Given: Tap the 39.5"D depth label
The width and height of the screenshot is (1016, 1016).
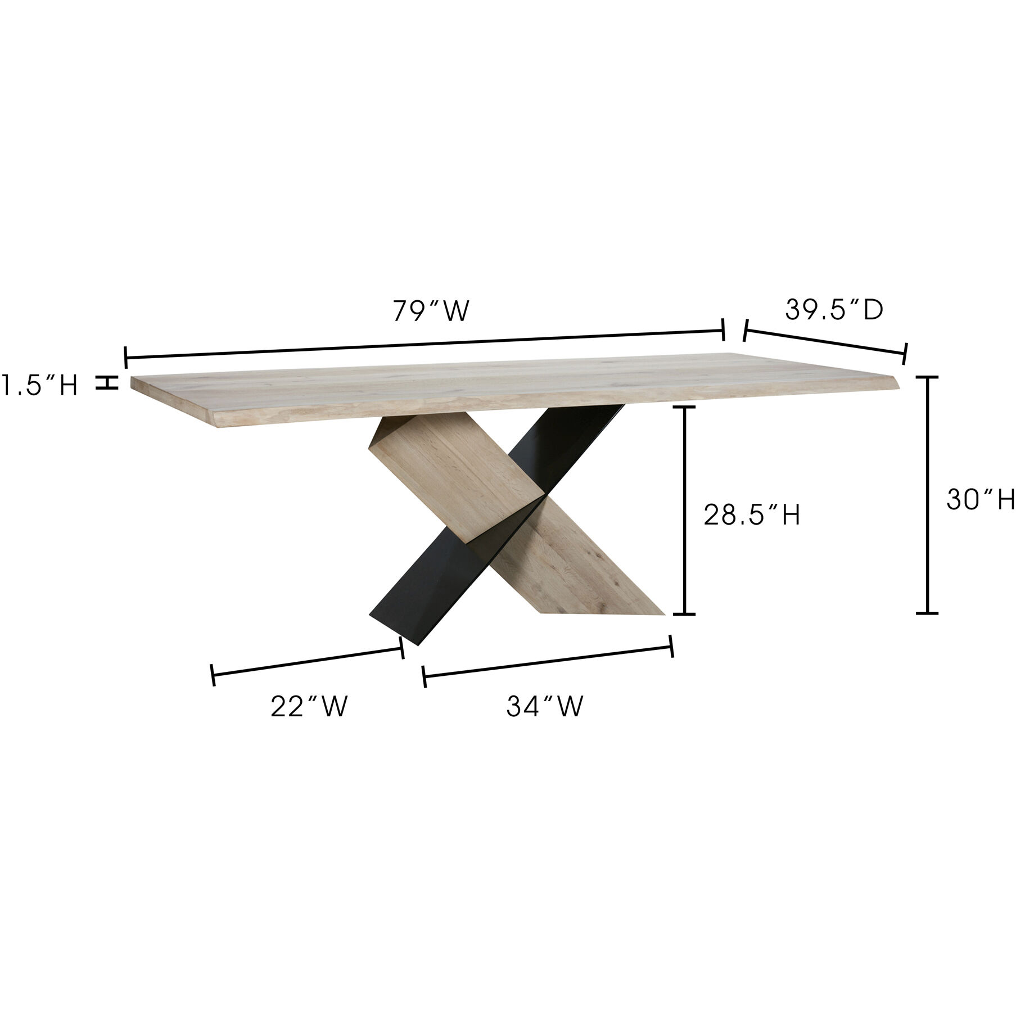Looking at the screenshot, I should coord(834,310).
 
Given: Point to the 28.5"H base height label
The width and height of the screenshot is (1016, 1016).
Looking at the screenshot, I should coord(752,515).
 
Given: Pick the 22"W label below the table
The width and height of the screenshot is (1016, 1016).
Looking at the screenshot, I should coord(309,707).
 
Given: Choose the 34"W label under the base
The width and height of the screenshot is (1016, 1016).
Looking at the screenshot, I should coord(544,707).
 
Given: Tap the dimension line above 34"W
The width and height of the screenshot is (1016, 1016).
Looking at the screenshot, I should coord(547,662).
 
